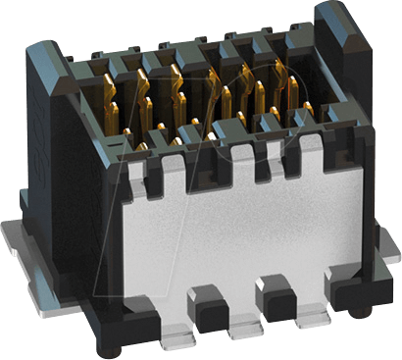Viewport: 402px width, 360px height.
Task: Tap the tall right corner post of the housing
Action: click(338, 59)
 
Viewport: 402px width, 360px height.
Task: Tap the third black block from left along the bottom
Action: click(271, 294)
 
